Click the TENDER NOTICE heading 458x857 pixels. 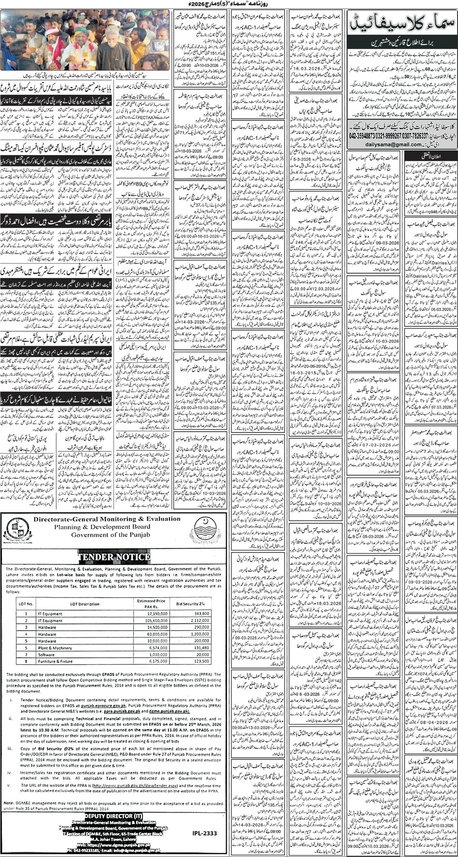point(114,557)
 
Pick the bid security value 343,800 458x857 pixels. point(202,614)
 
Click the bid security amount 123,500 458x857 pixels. point(202,661)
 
